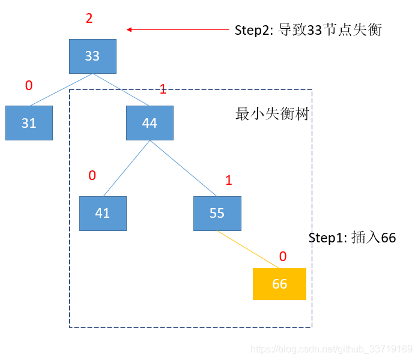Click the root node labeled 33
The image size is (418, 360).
tap(92, 56)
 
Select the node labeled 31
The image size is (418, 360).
tap(29, 123)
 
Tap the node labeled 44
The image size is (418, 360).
tap(150, 123)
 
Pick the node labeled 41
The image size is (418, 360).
tap(103, 213)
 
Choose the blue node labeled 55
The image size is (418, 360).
tap(217, 213)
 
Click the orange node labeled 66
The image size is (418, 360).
tap(279, 284)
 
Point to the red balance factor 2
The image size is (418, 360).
tap(89, 19)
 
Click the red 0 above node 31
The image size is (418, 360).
tap(28, 86)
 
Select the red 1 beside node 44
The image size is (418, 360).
tap(163, 89)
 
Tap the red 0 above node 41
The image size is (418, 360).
tap(92, 176)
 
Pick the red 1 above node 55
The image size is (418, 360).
tap(228, 181)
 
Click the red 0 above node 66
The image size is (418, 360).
tap(282, 257)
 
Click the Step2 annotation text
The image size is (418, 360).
tap(307, 30)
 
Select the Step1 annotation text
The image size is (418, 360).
tap(352, 238)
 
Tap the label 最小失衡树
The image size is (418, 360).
tap(272, 114)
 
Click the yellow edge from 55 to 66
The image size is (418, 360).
tap(249, 250)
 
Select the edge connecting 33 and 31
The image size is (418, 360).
tap(61, 89)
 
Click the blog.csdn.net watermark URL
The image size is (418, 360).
tap(331, 349)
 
